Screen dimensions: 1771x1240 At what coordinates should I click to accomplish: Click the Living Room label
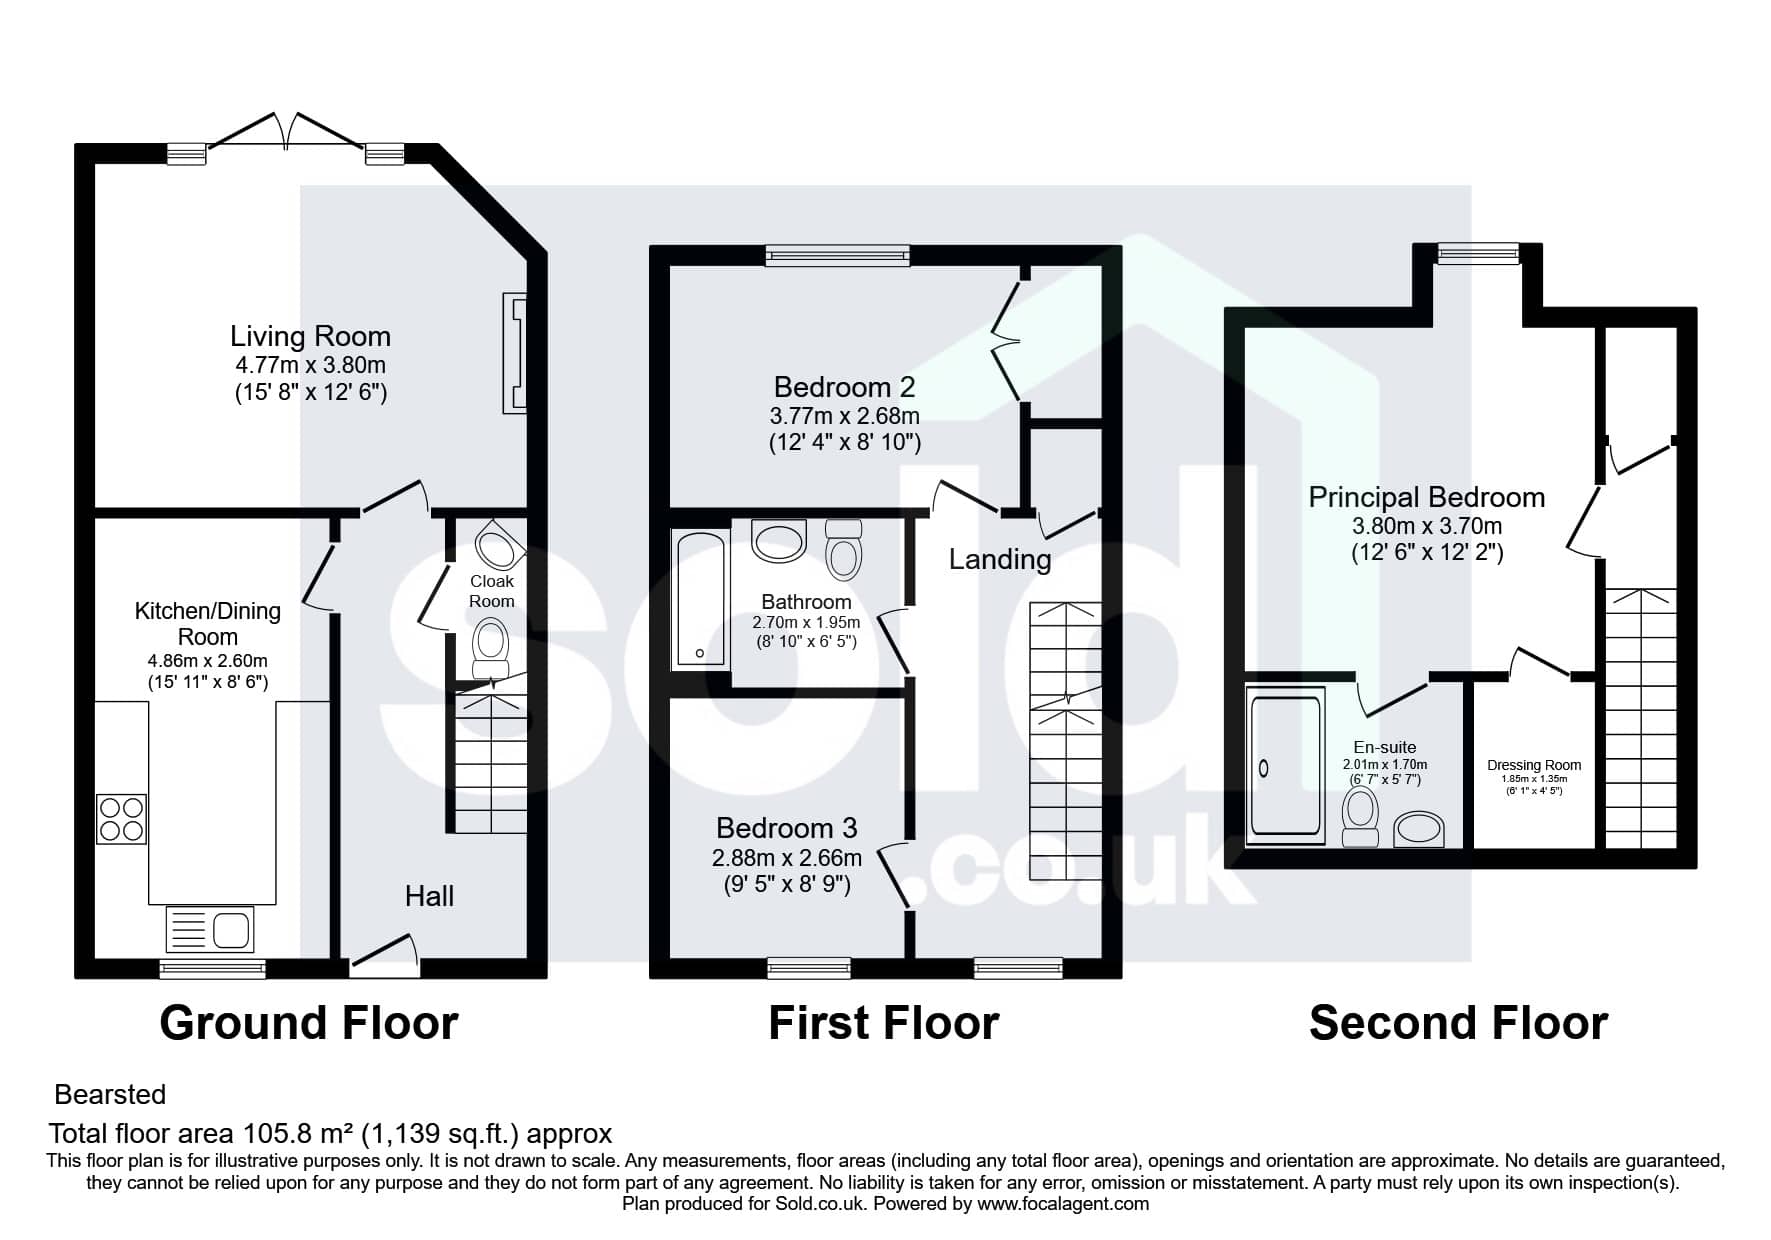(x=310, y=336)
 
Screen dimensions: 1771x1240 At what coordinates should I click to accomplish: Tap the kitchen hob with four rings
(x=121, y=819)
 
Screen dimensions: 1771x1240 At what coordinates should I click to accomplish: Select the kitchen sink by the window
(x=210, y=929)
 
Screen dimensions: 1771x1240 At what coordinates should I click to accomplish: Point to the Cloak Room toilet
(x=490, y=649)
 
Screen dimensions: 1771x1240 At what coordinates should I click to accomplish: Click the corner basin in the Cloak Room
(x=497, y=545)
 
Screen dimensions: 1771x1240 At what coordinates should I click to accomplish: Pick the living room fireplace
(x=514, y=353)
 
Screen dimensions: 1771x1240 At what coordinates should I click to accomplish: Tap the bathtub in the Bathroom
(x=700, y=599)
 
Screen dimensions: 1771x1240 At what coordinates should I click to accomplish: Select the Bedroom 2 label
(x=844, y=387)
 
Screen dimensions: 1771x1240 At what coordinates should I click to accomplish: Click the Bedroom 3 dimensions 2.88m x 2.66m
(x=787, y=857)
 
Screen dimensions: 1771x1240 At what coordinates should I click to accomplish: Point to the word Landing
(x=1000, y=559)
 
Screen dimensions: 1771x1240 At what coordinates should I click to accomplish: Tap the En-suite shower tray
(x=1286, y=766)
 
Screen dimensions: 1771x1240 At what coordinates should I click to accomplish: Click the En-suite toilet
(x=1361, y=817)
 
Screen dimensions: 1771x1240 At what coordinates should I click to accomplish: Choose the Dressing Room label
(x=1534, y=765)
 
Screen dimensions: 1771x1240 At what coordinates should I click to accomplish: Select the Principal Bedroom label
(x=1427, y=497)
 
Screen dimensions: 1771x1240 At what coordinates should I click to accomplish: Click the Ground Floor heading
(x=309, y=1023)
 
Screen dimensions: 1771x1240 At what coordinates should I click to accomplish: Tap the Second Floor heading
(x=1458, y=1023)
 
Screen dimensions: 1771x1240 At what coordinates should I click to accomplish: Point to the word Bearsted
(x=110, y=1094)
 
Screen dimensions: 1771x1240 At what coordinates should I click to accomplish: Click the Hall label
(x=429, y=896)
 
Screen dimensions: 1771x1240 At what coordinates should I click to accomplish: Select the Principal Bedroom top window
(x=1478, y=254)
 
